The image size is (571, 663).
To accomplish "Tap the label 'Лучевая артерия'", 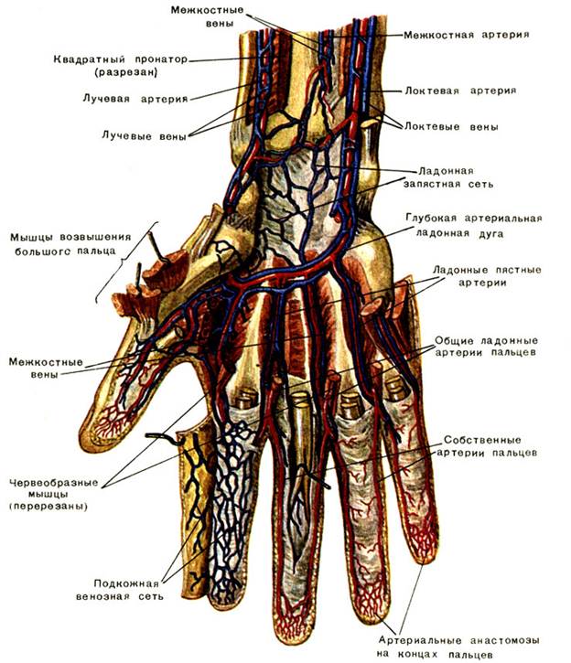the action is tap(147, 97).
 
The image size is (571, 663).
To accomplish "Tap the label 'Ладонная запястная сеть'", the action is tap(448, 176).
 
